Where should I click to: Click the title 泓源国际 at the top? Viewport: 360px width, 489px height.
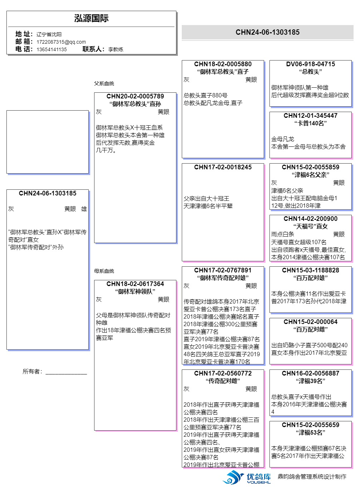click(91, 19)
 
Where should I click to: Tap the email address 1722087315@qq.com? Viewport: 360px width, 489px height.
click(61, 42)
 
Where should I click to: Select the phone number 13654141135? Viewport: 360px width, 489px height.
click(52, 49)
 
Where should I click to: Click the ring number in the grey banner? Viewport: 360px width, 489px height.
click(267, 32)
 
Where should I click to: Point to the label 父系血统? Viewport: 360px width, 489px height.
click(104, 83)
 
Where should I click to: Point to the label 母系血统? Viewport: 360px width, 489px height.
click(104, 271)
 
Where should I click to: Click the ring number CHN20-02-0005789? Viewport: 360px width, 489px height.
click(135, 96)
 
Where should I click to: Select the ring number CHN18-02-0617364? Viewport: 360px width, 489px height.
click(135, 284)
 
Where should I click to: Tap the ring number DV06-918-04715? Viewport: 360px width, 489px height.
click(310, 64)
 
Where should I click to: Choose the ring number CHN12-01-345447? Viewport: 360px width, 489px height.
click(310, 116)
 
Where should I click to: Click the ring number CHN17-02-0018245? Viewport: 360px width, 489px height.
click(223, 167)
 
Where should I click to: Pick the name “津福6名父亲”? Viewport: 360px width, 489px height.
click(310, 175)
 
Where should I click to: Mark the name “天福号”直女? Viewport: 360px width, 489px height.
click(310, 226)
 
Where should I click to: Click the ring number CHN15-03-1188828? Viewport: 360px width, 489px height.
click(310, 270)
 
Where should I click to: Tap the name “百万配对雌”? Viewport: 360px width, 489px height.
click(310, 329)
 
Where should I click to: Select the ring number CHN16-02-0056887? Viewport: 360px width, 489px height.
click(310, 373)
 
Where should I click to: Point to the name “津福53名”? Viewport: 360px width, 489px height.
click(310, 432)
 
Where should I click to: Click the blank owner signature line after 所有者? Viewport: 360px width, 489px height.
click(66, 372)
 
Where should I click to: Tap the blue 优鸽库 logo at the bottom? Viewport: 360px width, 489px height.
click(247, 477)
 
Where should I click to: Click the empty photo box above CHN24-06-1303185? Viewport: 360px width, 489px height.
click(48, 142)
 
